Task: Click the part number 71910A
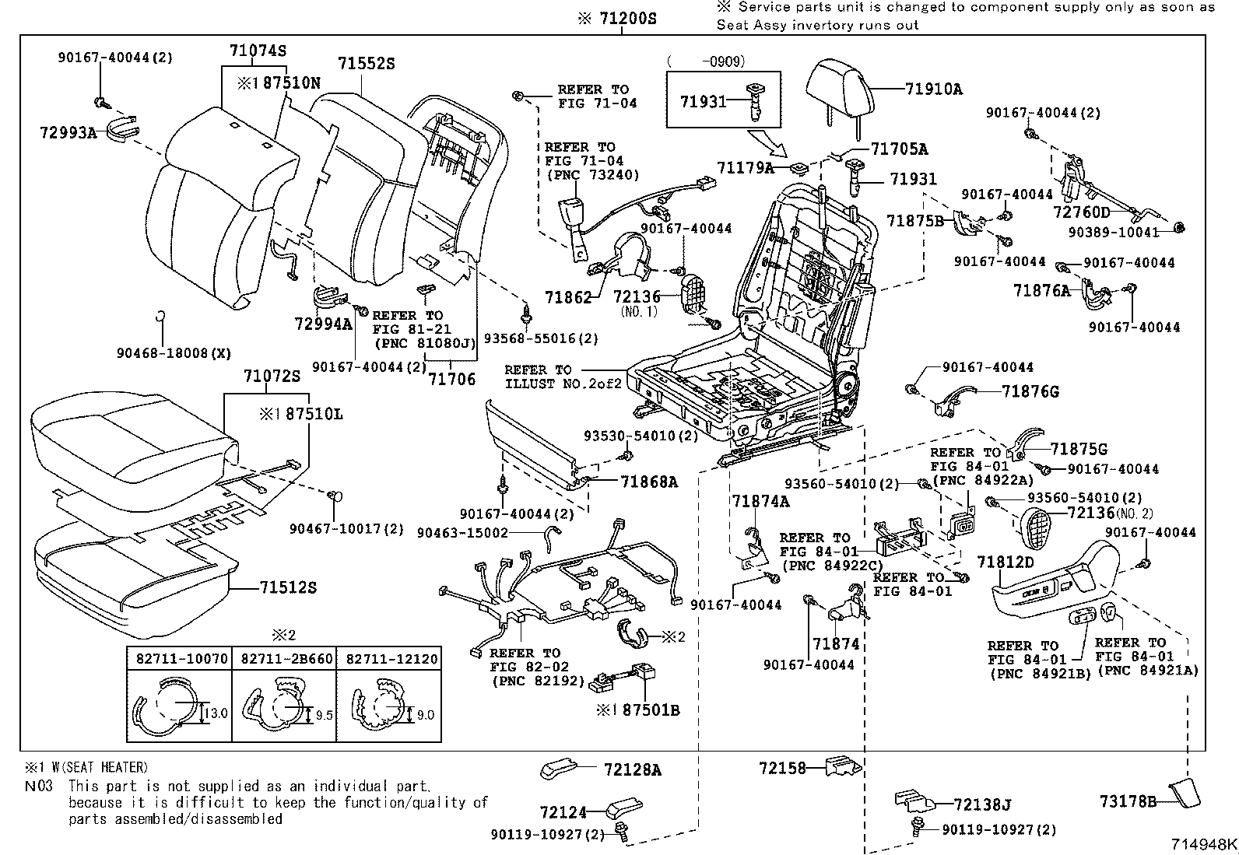point(933,89)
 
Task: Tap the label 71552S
point(366,64)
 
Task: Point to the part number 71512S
point(288,587)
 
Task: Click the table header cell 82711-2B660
point(286,658)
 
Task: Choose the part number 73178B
point(1128,801)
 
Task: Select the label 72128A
point(632,770)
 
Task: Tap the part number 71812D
point(1006,562)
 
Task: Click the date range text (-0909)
point(706,61)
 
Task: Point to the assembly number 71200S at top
point(627,18)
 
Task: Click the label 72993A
point(68,133)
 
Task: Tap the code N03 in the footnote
point(39,786)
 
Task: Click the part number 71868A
point(649,482)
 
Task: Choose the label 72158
point(781,769)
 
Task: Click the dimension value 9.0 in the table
point(425,714)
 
